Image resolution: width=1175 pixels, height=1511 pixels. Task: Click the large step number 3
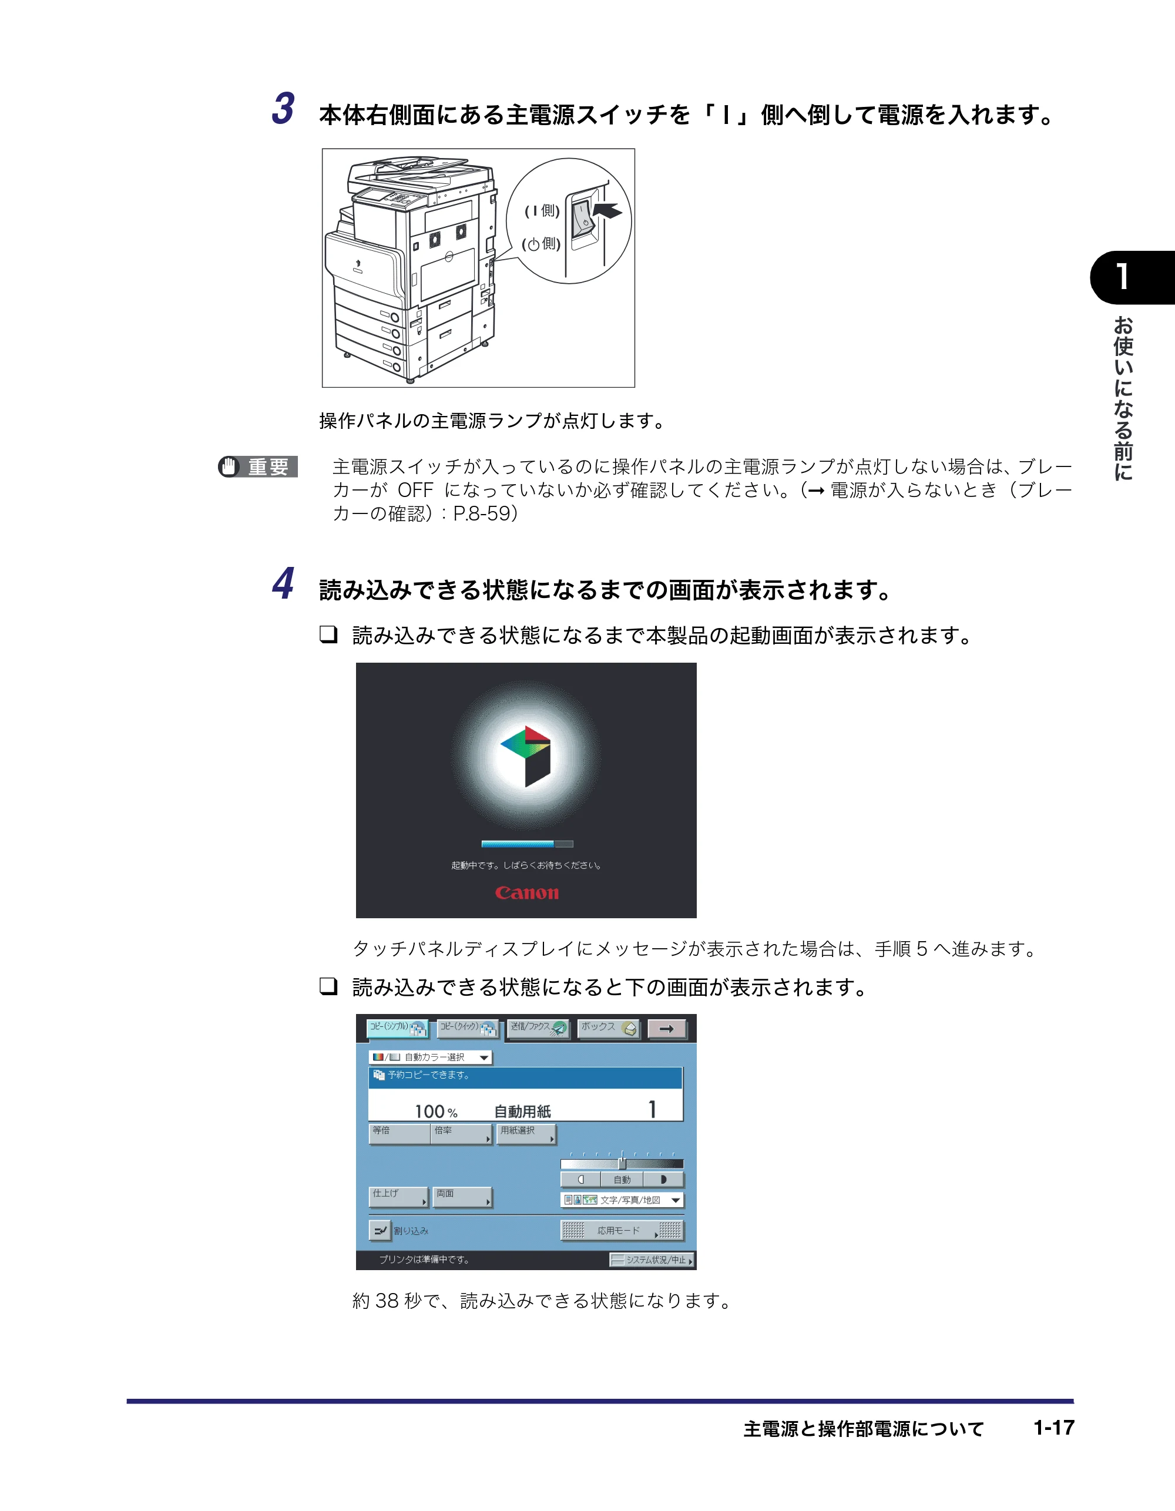coord(283,109)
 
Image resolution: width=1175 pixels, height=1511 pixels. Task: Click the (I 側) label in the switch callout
coord(542,210)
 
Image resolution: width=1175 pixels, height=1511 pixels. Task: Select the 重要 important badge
coord(258,466)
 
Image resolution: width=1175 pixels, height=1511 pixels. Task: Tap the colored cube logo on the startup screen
coord(525,756)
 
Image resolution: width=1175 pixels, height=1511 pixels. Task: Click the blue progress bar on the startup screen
coord(526,844)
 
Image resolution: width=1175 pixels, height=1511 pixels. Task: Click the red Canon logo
coord(526,892)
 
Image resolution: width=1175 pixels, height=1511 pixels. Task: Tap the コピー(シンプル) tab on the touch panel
coord(398,1028)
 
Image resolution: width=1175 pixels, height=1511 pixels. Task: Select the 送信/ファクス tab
coord(538,1028)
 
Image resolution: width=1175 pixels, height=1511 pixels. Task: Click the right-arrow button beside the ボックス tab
coord(667,1029)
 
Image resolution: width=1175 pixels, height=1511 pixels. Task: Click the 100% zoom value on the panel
coord(436,1111)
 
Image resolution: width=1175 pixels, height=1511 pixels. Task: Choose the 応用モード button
coord(622,1230)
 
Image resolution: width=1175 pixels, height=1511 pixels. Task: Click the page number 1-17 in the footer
coord(1054,1428)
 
